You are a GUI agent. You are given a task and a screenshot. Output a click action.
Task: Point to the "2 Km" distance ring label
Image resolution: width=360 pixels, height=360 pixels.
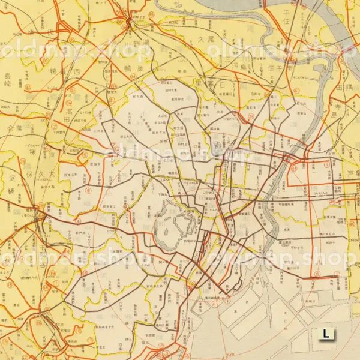point(213,303)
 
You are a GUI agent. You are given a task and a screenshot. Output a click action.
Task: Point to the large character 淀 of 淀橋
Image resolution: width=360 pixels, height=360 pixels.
point(10,178)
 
